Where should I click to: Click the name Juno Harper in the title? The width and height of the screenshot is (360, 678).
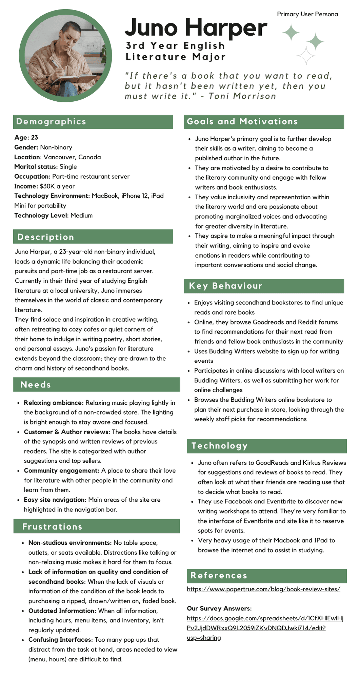(196, 28)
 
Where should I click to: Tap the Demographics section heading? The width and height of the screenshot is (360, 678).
(51, 122)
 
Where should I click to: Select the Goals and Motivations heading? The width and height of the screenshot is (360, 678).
(242, 122)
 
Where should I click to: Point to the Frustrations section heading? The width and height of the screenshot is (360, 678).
(52, 526)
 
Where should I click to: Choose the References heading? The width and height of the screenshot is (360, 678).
(219, 576)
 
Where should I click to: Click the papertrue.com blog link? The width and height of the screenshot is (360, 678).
(263, 589)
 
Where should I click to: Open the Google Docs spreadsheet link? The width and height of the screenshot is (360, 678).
(265, 628)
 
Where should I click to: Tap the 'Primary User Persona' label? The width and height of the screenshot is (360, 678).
(307, 14)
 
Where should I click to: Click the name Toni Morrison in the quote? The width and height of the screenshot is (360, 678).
(242, 96)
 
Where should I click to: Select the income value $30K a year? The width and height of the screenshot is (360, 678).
(57, 186)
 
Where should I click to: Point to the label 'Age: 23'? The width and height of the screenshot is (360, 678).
(26, 137)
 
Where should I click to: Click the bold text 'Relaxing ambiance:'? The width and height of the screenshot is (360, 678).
(54, 403)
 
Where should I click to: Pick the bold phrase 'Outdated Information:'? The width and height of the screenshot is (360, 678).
(62, 611)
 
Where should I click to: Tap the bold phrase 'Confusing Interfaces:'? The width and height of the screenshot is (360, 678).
(60, 640)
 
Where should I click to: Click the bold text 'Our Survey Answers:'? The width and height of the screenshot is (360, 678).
(219, 609)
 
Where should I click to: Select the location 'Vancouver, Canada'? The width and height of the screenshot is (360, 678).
(72, 157)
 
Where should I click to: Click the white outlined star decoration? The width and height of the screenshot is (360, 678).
(306, 56)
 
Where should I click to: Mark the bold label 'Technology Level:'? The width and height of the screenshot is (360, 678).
(41, 215)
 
